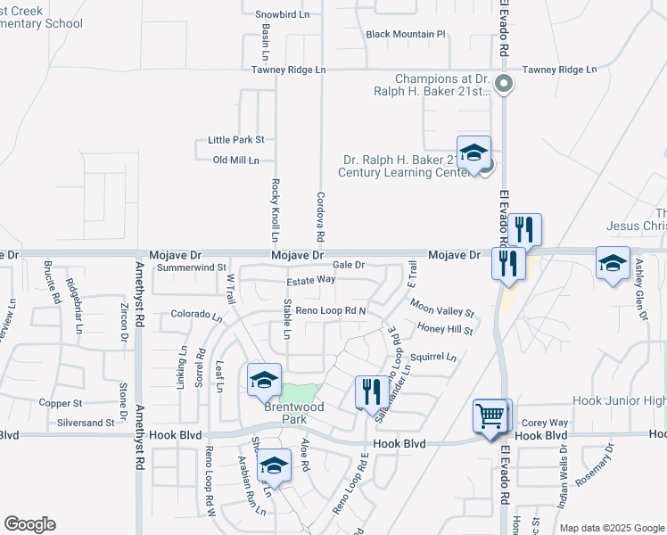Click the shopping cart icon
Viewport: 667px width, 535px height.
pos(490,416)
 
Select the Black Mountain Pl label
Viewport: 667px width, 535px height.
pos(406,35)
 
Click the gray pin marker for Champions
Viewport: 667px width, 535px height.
pos(504,86)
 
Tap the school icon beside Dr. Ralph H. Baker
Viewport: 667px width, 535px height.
pos(474,152)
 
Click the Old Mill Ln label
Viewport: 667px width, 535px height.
pos(236,160)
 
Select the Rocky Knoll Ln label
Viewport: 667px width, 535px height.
pos(275,210)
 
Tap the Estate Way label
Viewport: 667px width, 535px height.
pos(310,280)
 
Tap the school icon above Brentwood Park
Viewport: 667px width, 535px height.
pos(264,381)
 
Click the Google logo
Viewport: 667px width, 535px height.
pos(29,524)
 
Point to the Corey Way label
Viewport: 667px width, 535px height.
pos(545,423)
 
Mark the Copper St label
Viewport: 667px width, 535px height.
pos(61,403)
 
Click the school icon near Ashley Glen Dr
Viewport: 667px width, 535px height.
pos(613,263)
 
